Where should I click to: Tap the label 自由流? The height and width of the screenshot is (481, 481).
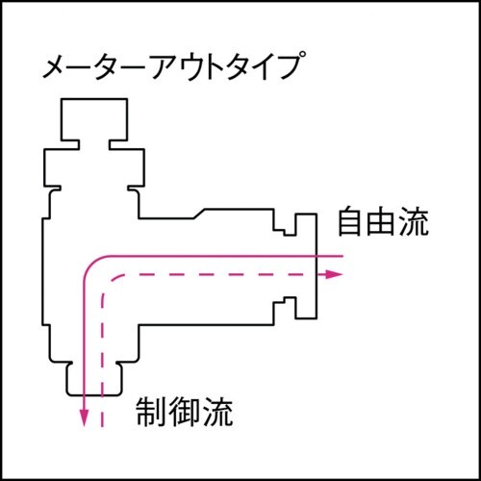point(382,225)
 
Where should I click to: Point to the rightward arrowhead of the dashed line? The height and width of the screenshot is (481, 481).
point(337,274)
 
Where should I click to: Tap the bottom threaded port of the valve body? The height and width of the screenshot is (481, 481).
point(92,378)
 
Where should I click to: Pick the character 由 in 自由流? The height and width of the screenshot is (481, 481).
point(382,225)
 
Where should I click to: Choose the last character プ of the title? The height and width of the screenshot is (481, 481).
point(291,69)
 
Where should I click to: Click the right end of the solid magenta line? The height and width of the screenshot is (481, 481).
point(342,257)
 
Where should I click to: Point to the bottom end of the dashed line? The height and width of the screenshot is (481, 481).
point(102,424)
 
